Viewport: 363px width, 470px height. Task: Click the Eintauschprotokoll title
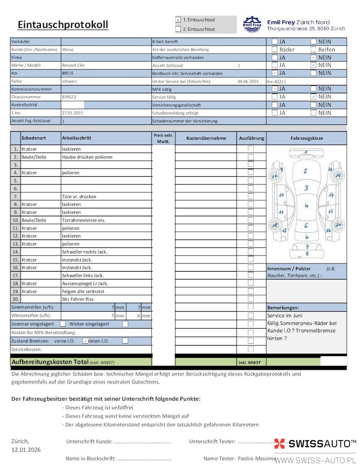[63, 25]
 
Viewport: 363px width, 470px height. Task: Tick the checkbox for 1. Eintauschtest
[178, 20]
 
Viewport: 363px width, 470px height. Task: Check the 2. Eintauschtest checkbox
[178, 29]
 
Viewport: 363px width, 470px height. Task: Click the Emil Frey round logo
[251, 24]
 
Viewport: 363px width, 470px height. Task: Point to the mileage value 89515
[68, 73]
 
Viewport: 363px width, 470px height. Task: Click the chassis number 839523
[69, 97]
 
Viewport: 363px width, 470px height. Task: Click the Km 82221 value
[276, 81]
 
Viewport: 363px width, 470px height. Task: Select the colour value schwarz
[69, 81]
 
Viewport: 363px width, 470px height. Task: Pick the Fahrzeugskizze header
[307, 138]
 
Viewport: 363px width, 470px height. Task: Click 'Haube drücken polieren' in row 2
[87, 157]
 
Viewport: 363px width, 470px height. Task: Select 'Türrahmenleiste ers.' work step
[84, 220]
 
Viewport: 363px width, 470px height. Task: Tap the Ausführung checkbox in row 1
[251, 149]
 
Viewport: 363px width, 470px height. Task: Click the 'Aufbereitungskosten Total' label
[50, 362]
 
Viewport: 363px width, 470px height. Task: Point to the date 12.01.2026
[26, 450]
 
